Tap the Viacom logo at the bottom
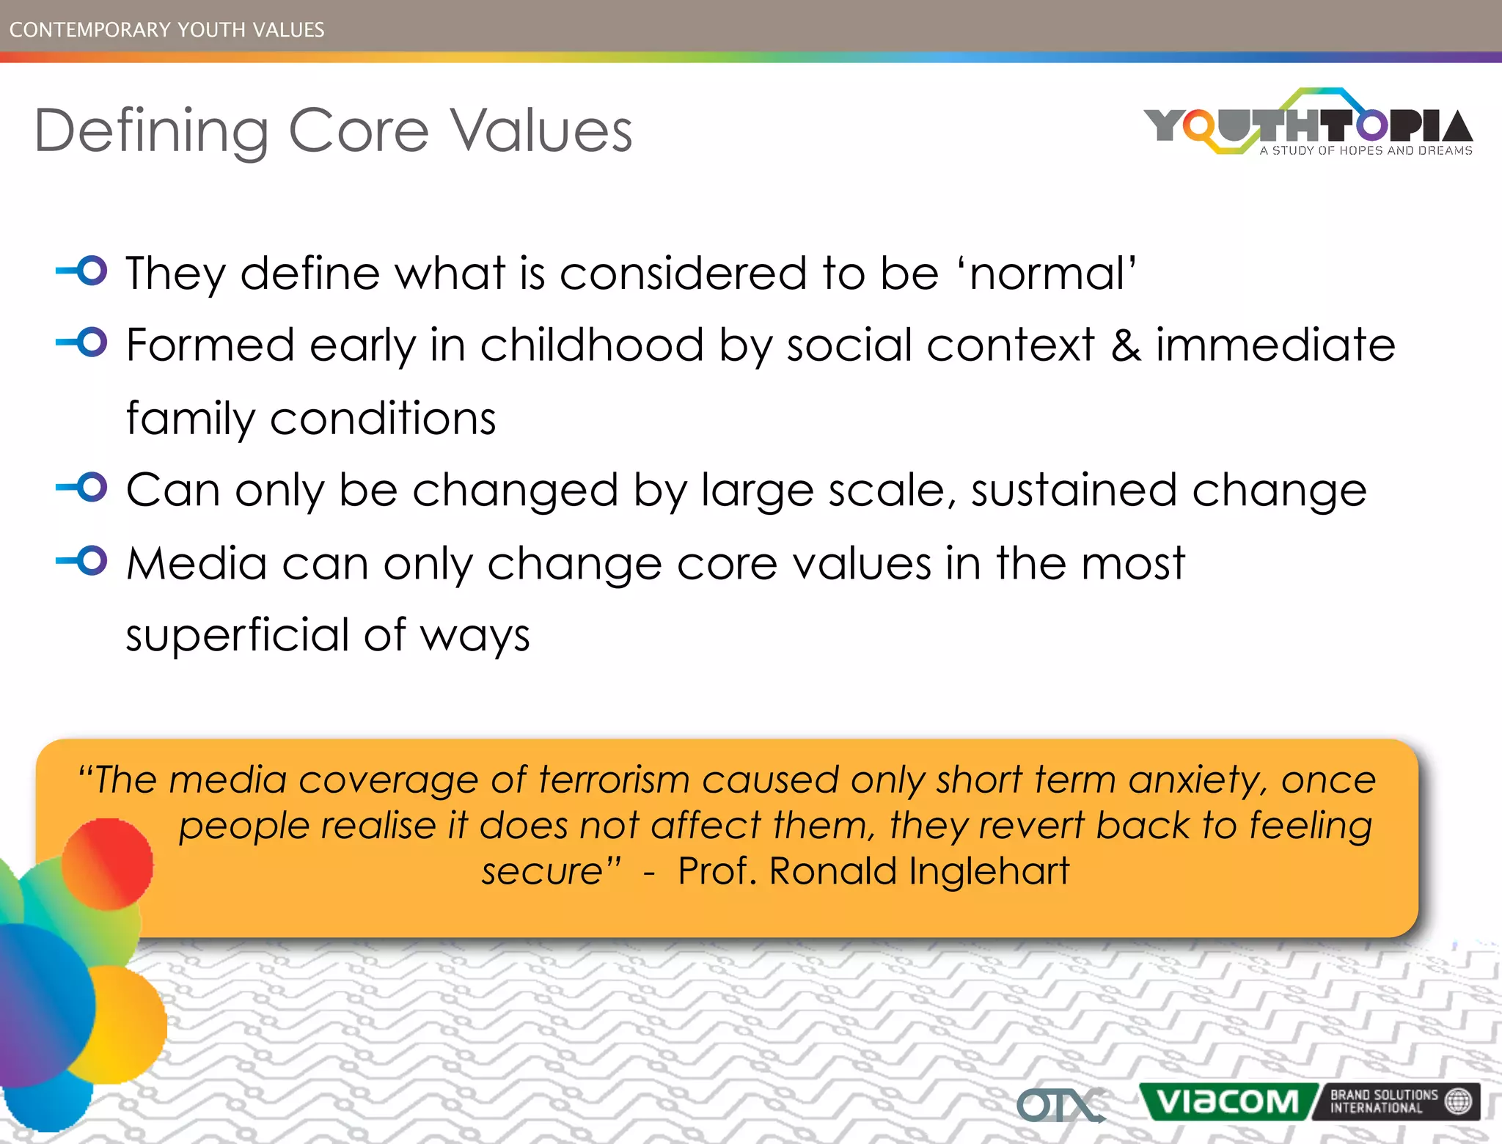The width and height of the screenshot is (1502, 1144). pyautogui.click(x=1227, y=1101)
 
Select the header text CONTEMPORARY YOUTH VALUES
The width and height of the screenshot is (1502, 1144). pyautogui.click(x=166, y=29)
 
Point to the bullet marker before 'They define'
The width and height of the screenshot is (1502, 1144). pyautogui.click(x=83, y=271)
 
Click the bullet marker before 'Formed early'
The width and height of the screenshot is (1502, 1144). pyautogui.click(x=83, y=342)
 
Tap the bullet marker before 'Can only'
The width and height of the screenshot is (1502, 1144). pyautogui.click(x=83, y=488)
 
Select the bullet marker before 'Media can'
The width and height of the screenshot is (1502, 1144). pyautogui.click(x=83, y=561)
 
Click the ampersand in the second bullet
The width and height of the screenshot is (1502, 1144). pyautogui.click(x=1126, y=345)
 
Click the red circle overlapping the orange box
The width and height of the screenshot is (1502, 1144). pyautogui.click(x=107, y=864)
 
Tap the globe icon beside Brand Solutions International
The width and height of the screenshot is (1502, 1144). pyautogui.click(x=1458, y=1101)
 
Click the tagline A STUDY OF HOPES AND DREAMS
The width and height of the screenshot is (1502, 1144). pyautogui.click(x=1366, y=150)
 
